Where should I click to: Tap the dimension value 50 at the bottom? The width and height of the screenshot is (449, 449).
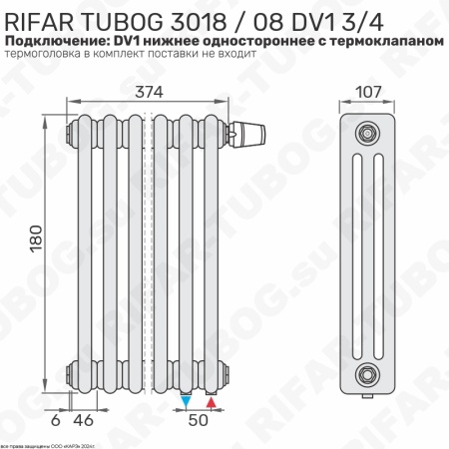[x=200, y=421]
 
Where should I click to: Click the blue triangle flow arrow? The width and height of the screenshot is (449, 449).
[x=187, y=402]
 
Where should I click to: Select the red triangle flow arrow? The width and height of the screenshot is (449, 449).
[x=212, y=402]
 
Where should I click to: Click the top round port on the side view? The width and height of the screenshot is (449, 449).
[x=368, y=131]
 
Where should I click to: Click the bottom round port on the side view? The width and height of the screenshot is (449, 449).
[x=368, y=373]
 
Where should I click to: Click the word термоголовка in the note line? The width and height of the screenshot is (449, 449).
[x=50, y=56]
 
